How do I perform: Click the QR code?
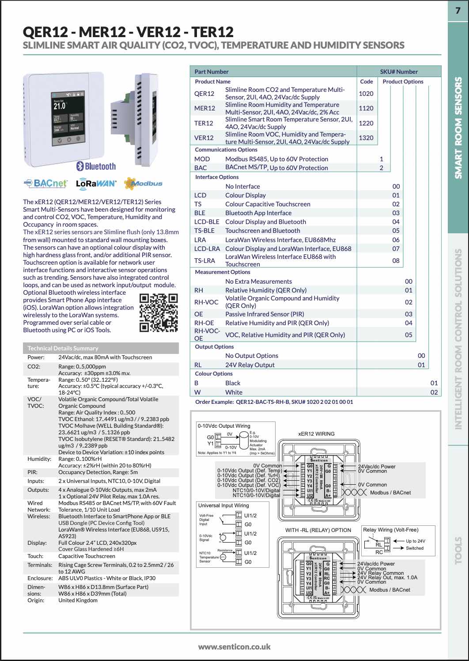point(159,313)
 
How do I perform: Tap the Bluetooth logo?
point(96,166)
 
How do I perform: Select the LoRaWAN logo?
point(96,183)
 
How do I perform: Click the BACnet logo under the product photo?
point(45,183)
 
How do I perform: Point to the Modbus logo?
point(143,183)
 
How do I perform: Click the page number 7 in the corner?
point(458,10)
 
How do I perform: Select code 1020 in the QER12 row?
point(366,94)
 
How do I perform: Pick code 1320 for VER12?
point(366,138)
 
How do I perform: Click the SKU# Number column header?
point(398,72)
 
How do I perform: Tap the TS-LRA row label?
point(204,261)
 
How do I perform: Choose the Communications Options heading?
point(226,150)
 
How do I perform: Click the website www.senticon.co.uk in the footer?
point(234,647)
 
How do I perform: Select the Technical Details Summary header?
point(63,348)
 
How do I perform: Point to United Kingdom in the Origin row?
point(78,600)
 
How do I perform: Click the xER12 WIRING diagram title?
point(316,434)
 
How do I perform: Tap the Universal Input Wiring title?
point(223,505)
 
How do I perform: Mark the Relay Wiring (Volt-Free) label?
point(390,530)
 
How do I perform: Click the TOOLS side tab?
point(458,550)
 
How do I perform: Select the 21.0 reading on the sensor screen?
point(60,106)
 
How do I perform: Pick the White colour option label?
point(234,392)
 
